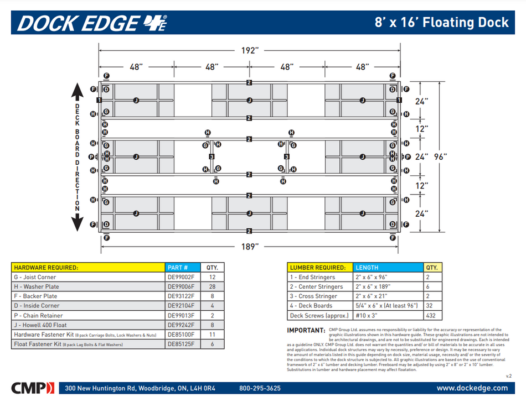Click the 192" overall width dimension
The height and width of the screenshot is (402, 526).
click(x=250, y=50)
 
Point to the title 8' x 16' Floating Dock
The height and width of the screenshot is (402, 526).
click(x=441, y=23)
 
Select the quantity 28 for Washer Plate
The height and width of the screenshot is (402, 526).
click(x=212, y=286)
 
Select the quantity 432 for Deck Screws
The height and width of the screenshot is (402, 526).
click(x=432, y=316)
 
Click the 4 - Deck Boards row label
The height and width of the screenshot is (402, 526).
click(x=311, y=306)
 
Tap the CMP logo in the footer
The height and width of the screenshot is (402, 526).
click(x=33, y=388)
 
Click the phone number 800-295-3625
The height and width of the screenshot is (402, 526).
click(x=260, y=389)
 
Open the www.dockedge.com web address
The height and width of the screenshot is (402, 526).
click(x=472, y=389)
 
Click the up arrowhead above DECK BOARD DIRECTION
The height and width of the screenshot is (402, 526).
click(x=77, y=91)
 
